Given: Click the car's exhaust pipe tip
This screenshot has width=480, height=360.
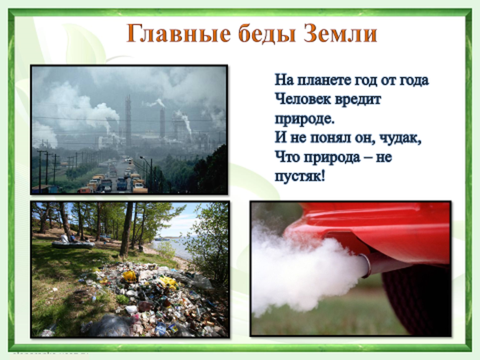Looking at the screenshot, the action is coord(366,265).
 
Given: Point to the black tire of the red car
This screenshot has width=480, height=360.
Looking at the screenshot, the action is coord(416,299).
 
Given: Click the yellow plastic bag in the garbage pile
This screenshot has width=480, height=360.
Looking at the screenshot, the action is coord(130,276).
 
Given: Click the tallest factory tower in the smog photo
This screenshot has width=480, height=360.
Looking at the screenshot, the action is coord(128,121).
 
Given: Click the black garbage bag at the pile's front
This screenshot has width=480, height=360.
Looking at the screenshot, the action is coord(109,326).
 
